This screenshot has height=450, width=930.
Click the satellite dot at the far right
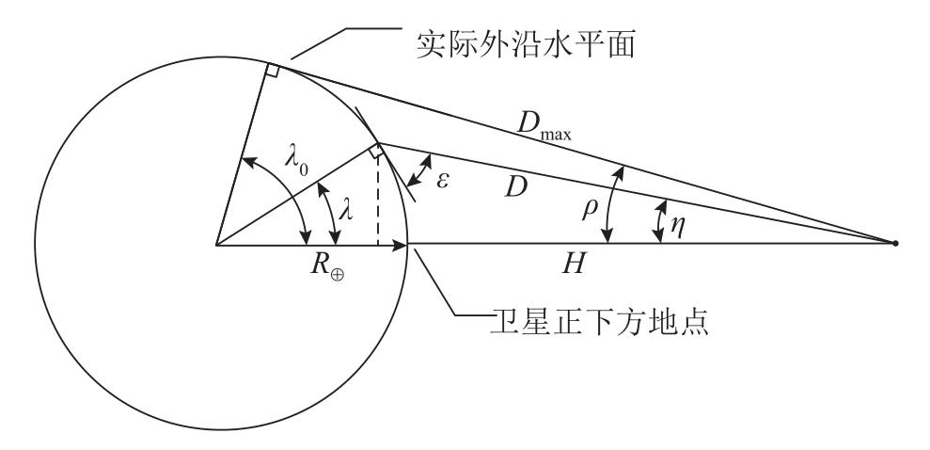click(x=894, y=244)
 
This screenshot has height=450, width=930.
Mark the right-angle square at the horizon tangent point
click(x=271, y=71)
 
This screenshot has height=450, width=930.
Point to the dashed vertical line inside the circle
click(x=377, y=202)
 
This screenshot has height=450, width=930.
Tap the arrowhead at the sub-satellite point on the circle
click(x=402, y=244)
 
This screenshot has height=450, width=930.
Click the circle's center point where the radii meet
click(x=216, y=244)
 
